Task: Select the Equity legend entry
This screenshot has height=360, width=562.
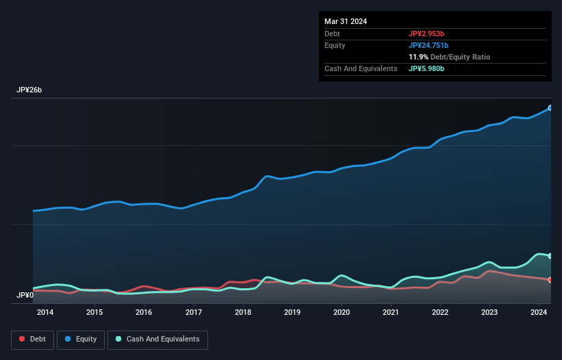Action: pyautogui.click(x=81, y=339)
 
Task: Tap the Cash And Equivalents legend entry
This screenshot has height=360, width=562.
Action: pyautogui.click(x=157, y=339)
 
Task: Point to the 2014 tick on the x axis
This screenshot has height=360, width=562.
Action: pyautogui.click(x=45, y=313)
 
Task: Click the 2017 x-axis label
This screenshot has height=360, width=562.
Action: pyautogui.click(x=193, y=313)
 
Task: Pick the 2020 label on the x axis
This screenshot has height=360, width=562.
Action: pyautogui.click(x=342, y=313)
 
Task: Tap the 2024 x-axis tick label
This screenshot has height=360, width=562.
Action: pyautogui.click(x=539, y=313)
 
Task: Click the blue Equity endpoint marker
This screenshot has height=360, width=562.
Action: pyautogui.click(x=550, y=108)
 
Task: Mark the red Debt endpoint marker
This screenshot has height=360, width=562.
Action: pyautogui.click(x=550, y=280)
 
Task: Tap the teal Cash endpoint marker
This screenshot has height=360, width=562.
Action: pyautogui.click(x=550, y=256)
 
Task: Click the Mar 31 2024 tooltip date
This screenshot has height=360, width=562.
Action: pyautogui.click(x=346, y=21)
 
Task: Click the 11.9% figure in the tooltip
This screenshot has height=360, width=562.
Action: pyautogui.click(x=419, y=57)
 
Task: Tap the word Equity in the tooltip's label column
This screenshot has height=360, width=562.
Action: pyautogui.click(x=335, y=45)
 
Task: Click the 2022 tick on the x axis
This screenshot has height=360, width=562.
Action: pyautogui.click(x=440, y=313)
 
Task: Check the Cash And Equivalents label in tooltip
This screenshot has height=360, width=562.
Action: pyautogui.click(x=361, y=68)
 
